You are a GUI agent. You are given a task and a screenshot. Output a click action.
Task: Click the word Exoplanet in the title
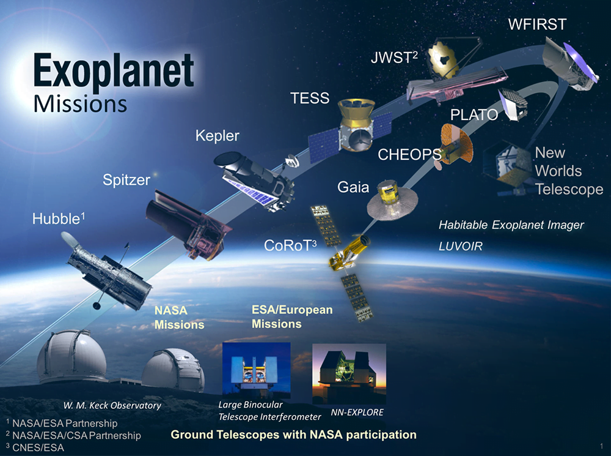114,70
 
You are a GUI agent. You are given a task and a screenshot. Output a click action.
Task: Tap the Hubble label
59,219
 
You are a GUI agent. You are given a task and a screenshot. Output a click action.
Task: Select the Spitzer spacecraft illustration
189,223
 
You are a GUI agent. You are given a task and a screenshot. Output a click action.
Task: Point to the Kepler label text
218,136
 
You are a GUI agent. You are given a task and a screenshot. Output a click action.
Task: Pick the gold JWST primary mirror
444,59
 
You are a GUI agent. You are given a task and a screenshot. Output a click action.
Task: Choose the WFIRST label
537,24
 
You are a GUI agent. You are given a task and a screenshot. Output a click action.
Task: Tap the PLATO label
474,115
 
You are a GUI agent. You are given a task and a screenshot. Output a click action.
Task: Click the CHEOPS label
409,155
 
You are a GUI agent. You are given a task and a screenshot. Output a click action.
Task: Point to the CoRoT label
290,245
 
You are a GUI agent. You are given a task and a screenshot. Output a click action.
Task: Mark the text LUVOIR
461,246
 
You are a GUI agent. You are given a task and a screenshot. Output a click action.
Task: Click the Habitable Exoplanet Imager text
511,225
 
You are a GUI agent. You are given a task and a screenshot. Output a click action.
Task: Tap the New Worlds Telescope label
569,171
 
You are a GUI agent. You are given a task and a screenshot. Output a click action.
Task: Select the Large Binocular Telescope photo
257,369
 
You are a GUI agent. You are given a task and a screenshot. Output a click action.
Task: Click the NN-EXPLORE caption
357,413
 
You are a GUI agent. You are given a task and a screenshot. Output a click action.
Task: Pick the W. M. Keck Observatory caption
112,406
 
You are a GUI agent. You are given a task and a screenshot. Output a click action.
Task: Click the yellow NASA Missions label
179,318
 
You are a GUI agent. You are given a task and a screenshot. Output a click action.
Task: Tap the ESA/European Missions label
292,316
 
